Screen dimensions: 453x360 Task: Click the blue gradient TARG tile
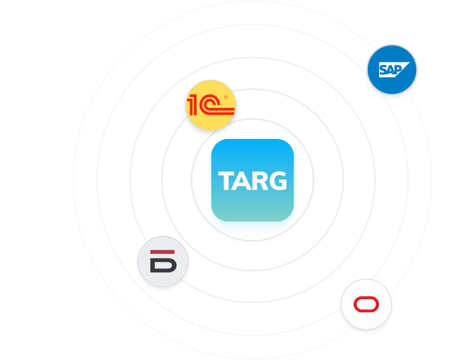click(x=253, y=180)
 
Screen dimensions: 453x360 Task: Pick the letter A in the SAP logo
click(x=391, y=70)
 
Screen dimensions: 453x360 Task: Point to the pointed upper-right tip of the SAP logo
click(x=410, y=62)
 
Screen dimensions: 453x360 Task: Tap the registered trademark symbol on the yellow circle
click(x=226, y=97)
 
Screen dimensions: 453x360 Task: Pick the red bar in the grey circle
click(x=162, y=252)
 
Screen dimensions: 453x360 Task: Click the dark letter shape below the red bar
click(x=163, y=265)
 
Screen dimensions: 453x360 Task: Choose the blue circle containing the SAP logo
click(x=392, y=70)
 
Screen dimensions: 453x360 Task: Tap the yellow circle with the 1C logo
click(x=211, y=105)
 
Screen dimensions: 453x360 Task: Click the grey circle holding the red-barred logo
click(x=163, y=262)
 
